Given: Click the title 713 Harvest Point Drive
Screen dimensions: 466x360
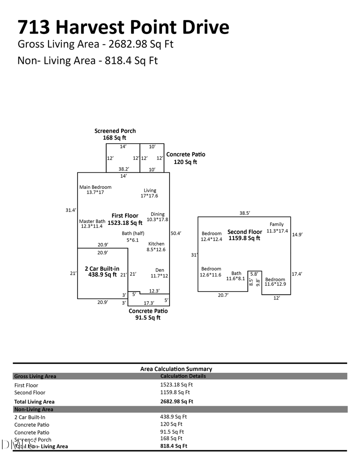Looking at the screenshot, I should [x=123, y=27].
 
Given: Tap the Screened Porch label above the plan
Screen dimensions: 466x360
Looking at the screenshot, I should [x=115, y=131].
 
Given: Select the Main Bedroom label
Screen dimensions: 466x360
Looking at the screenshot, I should [x=95, y=187].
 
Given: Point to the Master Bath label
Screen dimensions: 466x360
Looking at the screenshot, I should [x=92, y=221].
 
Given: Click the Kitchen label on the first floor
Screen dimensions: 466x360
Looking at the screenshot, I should [x=156, y=244].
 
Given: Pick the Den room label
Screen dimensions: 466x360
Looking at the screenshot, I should [x=160, y=270].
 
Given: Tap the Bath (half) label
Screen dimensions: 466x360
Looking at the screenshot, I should [x=133, y=234].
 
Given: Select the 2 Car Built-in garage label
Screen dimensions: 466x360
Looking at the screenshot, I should [x=102, y=269].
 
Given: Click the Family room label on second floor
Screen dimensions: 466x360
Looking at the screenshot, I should [x=276, y=224].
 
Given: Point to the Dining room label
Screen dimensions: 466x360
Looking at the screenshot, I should [x=158, y=214].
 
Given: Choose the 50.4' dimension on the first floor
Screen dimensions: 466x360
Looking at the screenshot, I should [x=176, y=233].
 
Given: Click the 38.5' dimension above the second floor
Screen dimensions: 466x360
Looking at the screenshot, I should [x=244, y=213].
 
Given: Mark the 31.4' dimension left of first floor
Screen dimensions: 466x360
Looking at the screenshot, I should [x=71, y=210].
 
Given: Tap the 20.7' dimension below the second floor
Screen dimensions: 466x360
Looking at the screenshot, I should [x=223, y=295].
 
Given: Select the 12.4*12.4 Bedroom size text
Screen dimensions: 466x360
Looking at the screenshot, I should [x=211, y=239].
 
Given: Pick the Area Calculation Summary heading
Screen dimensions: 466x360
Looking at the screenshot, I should [x=176, y=369].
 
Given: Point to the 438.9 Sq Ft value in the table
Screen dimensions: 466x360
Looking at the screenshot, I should [x=173, y=416].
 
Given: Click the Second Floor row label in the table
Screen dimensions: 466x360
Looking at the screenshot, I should [x=30, y=392].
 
